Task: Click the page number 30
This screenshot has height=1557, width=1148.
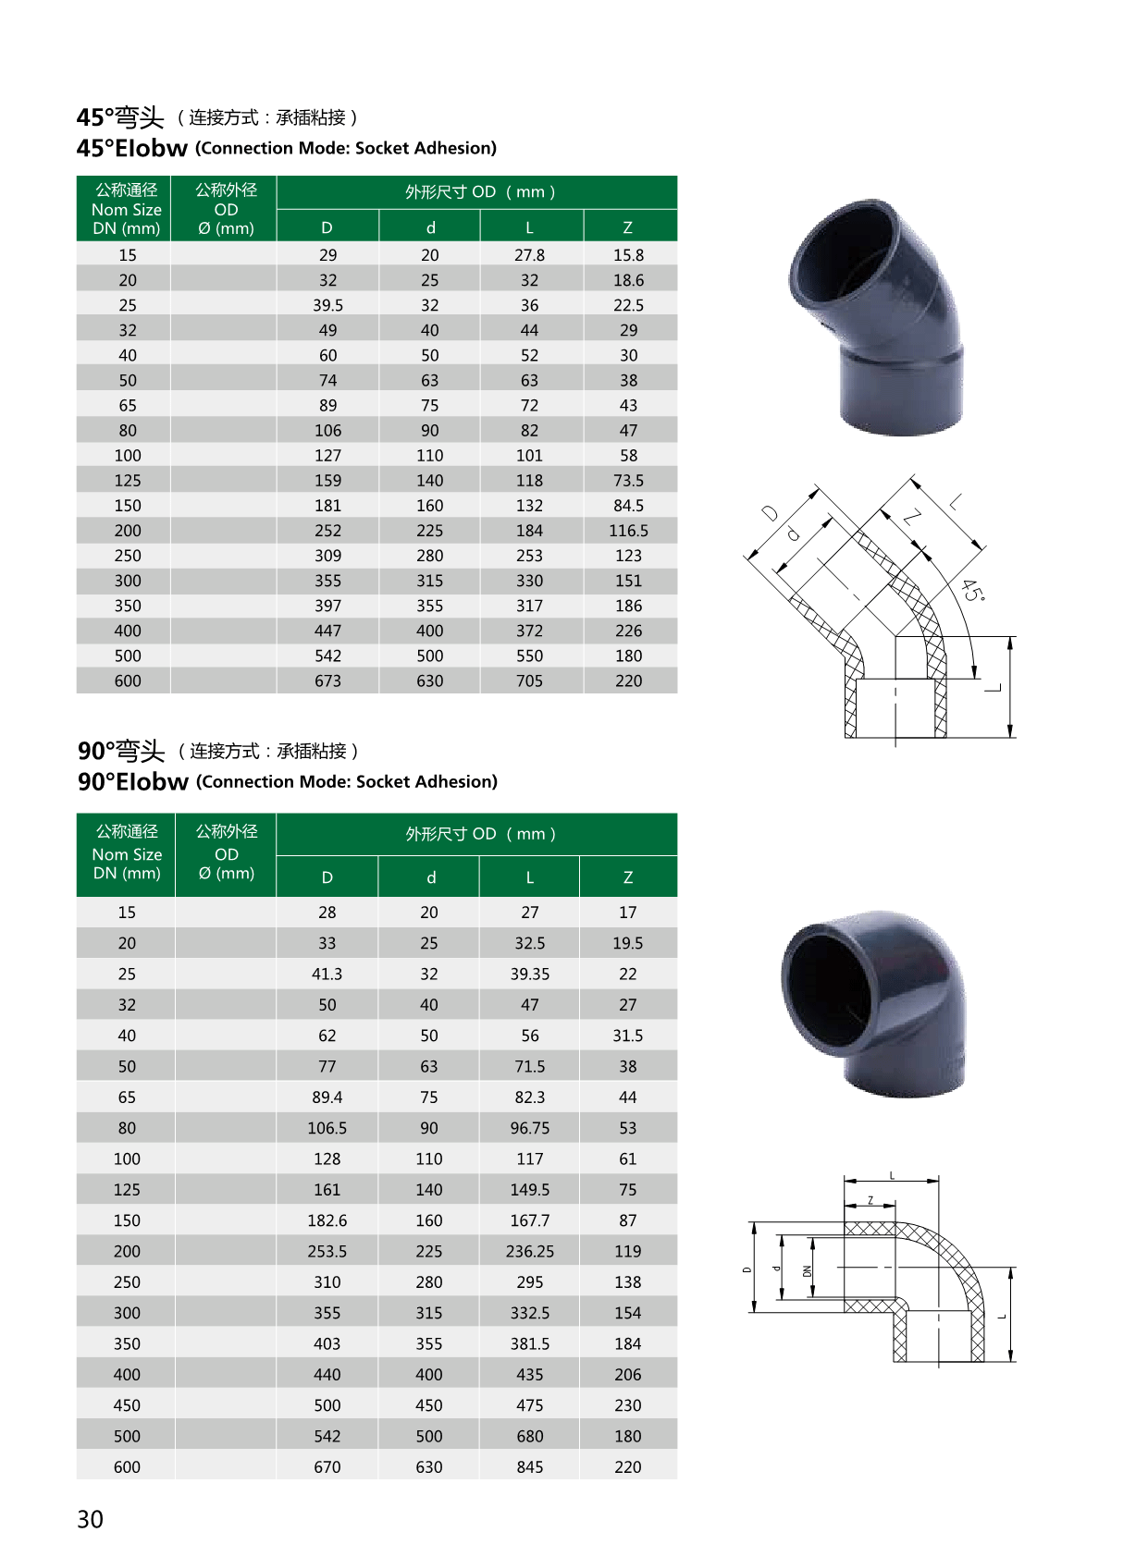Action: (x=90, y=1519)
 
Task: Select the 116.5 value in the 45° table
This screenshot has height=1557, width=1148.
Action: (x=628, y=531)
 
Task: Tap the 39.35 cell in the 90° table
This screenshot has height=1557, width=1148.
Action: (x=529, y=974)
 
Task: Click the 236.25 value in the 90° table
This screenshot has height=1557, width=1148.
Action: (x=529, y=1251)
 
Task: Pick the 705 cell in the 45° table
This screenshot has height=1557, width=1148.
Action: (x=529, y=680)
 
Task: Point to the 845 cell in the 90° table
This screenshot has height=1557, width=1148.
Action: (x=529, y=1466)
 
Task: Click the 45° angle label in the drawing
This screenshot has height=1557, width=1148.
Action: (x=973, y=591)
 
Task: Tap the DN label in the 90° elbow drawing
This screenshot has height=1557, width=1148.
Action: (x=807, y=1270)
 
